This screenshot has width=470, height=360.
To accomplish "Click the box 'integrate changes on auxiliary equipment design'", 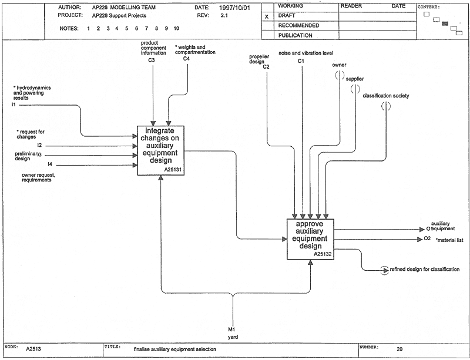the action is point(160,150).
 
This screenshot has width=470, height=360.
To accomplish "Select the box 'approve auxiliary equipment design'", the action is point(310,239).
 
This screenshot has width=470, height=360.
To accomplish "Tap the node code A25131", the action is point(173,170).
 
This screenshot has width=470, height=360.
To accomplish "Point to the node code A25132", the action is point(322,254).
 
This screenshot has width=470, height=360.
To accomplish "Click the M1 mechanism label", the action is point(231,329).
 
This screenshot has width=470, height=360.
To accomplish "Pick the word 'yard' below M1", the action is point(233,337).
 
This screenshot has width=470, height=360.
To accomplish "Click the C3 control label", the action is point(152,60).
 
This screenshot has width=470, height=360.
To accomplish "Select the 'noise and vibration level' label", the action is point(305,53).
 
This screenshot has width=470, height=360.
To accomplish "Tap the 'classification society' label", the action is point(386,96).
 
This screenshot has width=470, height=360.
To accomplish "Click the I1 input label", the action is point(14,105).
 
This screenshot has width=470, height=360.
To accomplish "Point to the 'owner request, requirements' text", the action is point(38,177).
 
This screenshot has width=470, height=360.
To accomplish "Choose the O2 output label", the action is point(427,238).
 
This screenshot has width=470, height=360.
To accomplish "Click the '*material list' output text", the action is point(449,240).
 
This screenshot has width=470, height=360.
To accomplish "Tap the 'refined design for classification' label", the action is point(424,270).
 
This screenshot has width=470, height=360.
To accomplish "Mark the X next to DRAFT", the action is point(267,17).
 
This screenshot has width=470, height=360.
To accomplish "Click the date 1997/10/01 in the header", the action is point(234,8).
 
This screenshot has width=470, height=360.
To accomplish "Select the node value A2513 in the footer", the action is point(33,349).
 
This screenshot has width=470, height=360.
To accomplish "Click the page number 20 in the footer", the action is point(399,349).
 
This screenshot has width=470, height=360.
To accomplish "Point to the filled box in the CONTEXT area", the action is point(445,23).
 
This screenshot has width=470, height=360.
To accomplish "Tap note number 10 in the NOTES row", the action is point(177,28).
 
